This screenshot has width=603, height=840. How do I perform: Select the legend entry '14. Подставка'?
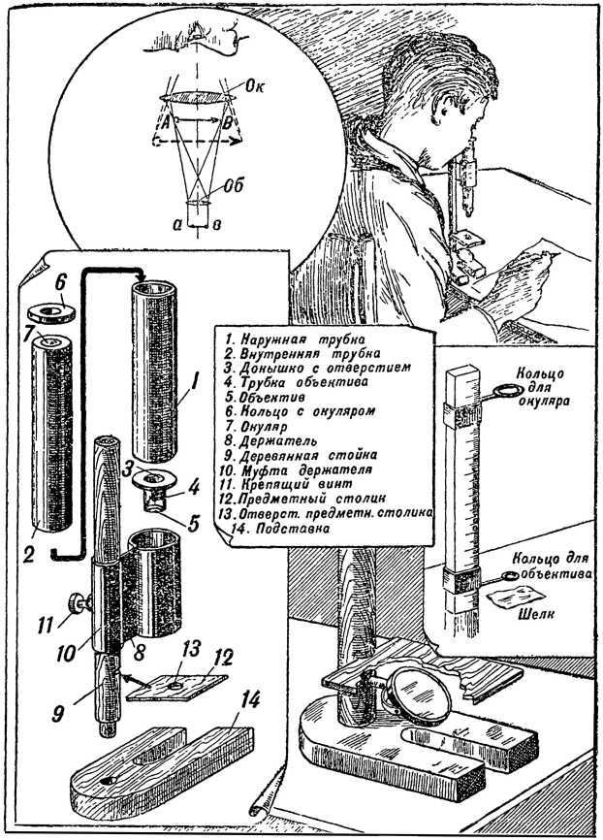(280, 532)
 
